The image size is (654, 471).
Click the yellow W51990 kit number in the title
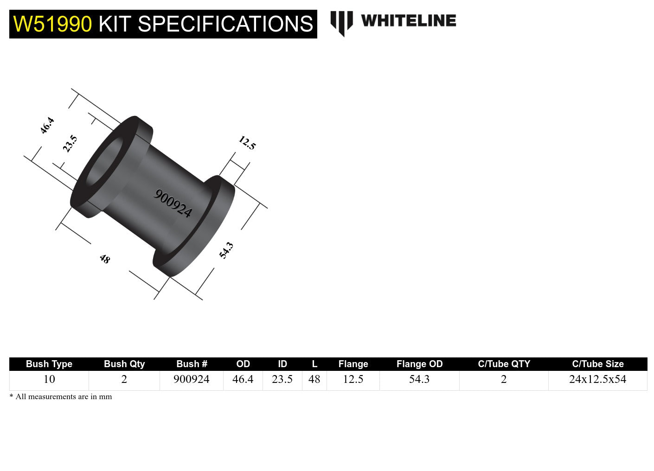[x=52, y=24]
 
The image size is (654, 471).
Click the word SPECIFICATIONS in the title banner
[x=225, y=24]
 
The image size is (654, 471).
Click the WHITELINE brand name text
[x=408, y=21]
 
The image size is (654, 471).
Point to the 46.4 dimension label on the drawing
[x=47, y=126]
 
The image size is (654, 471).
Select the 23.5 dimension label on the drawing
[x=70, y=144]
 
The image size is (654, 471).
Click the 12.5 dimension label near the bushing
[x=247, y=143]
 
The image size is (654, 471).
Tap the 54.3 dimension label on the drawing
[x=226, y=250]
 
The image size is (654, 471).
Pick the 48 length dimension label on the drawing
[x=105, y=259]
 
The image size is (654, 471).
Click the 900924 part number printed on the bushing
[x=173, y=204]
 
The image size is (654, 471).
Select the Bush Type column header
[x=49, y=364]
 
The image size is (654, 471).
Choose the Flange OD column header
[x=419, y=364]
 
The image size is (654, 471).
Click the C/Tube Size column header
[x=597, y=364]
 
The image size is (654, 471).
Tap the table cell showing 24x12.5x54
[x=597, y=379]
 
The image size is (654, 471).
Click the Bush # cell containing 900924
[x=191, y=379]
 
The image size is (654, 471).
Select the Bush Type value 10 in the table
[x=49, y=379]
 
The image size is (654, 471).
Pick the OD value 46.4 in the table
[x=243, y=379]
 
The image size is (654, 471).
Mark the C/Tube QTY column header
[x=504, y=364]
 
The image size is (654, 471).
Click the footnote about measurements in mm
[x=61, y=397]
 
